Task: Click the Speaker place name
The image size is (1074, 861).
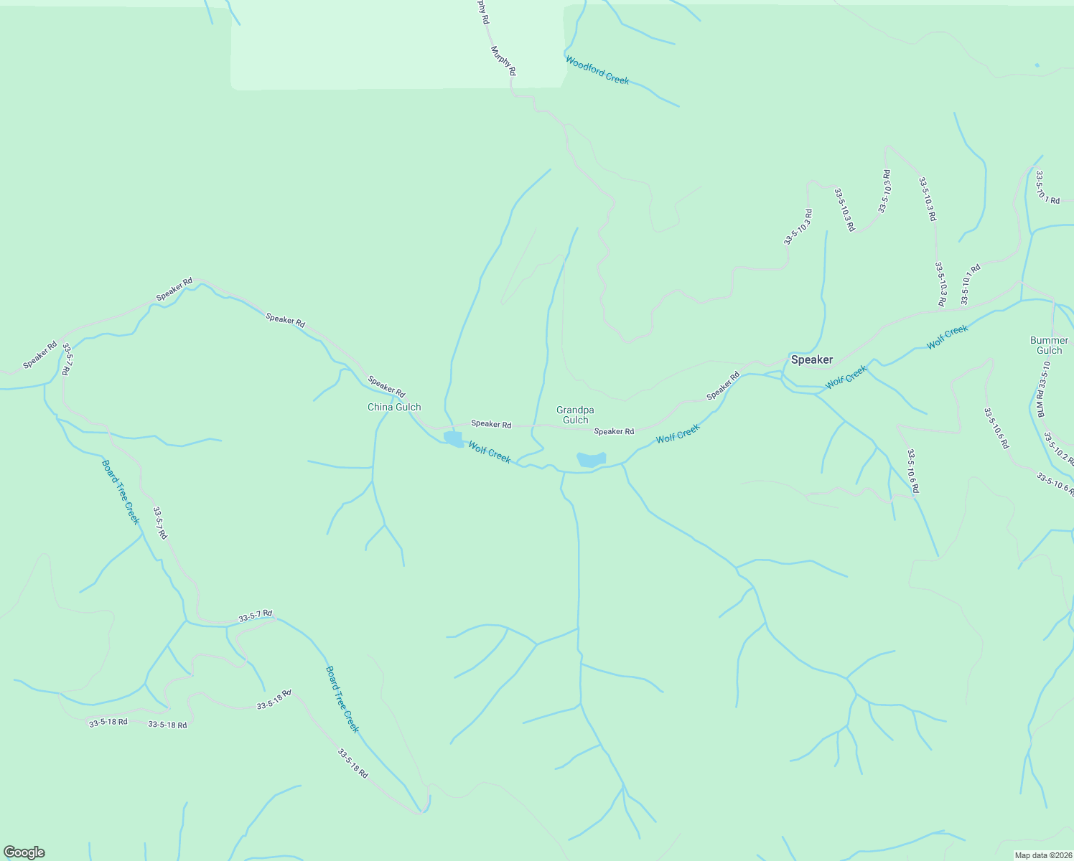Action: (811, 360)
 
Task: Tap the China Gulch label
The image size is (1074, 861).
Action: (394, 408)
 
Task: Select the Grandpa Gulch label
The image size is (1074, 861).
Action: (575, 415)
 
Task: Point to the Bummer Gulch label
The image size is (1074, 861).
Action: (1049, 345)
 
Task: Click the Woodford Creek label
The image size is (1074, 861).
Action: (597, 70)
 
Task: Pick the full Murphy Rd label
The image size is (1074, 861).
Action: (503, 61)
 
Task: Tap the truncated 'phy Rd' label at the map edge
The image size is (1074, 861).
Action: (482, 11)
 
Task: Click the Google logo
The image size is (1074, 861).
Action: (24, 852)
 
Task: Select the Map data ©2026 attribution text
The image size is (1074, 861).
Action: (1042, 855)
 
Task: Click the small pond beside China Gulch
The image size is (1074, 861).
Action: (453, 438)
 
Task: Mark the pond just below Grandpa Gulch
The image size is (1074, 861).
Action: (592, 459)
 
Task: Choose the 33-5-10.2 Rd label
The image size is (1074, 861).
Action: (1058, 449)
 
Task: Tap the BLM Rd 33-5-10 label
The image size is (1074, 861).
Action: (1042, 389)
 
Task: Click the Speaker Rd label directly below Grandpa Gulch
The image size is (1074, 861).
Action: (614, 431)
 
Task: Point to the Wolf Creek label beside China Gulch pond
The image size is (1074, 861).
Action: (490, 452)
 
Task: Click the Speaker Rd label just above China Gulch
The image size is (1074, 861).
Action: (386, 386)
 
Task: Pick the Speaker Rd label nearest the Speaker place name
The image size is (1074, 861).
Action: (723, 386)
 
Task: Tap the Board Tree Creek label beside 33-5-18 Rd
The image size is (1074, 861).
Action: (342, 699)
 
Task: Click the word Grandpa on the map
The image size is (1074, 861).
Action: (575, 410)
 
